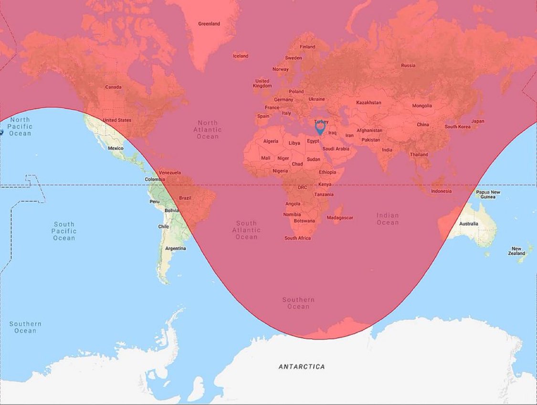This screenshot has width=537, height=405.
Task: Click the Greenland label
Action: click(209, 24)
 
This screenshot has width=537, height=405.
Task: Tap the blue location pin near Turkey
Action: click(320, 128)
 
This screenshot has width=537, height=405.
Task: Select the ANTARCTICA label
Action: click(302, 367)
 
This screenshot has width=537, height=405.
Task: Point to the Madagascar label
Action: click(340, 218)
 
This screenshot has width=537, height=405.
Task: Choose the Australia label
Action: click(468, 224)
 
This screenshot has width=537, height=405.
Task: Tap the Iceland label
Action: click(241, 56)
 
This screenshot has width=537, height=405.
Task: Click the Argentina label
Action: click(175, 249)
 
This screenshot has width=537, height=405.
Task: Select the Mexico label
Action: click(116, 148)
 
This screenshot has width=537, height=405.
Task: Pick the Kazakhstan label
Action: click(369, 103)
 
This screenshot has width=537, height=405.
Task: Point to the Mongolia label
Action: click(422, 106)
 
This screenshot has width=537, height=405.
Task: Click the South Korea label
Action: click(457, 127)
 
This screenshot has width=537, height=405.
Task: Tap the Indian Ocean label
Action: click(388, 219)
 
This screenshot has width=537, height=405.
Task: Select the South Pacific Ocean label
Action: click(64, 231)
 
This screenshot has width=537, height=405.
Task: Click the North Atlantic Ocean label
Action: click(208, 130)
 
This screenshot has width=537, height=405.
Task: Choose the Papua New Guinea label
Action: click(488, 195)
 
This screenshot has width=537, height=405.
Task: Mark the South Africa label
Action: click(297, 238)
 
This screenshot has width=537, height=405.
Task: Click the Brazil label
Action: click(185, 197)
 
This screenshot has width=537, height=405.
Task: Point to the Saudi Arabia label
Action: click(336, 149)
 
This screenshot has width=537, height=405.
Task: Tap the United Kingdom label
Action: click(262, 83)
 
